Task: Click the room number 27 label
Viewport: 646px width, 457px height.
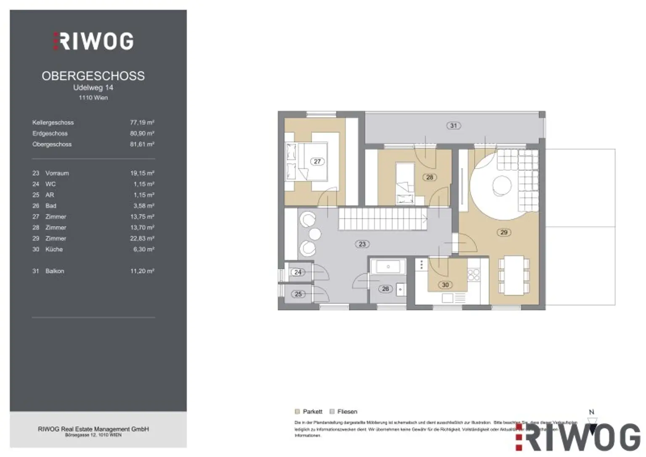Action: tap(317, 161)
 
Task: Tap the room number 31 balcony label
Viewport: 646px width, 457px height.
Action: tap(453, 125)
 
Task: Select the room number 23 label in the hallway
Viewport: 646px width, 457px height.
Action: tap(362, 244)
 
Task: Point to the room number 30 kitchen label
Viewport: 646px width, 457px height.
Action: tap(445, 285)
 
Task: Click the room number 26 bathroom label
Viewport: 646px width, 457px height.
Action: tap(385, 289)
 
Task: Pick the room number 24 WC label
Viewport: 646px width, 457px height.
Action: tap(298, 272)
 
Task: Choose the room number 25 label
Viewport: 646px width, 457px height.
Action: tap(298, 294)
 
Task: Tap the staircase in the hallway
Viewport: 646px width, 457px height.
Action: tap(382, 219)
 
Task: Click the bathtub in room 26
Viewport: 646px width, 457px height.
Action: tap(388, 267)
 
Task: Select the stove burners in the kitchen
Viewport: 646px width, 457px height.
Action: tap(474, 275)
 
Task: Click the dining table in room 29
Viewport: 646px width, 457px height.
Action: tap(514, 275)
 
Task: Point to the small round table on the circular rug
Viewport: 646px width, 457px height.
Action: tap(502, 185)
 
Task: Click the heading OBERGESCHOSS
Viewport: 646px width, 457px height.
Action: tap(93, 76)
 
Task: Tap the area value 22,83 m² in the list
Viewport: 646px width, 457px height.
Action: tap(142, 238)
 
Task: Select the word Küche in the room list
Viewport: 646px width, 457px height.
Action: tap(54, 249)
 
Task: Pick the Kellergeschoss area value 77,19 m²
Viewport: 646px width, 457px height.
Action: tap(142, 122)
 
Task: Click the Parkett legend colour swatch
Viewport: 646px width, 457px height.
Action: tap(297, 412)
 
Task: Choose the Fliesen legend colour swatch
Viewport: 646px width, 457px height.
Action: tap(332, 412)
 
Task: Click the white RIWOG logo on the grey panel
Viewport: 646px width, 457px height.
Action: tap(93, 41)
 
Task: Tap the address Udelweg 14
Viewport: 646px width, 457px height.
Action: tap(93, 88)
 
